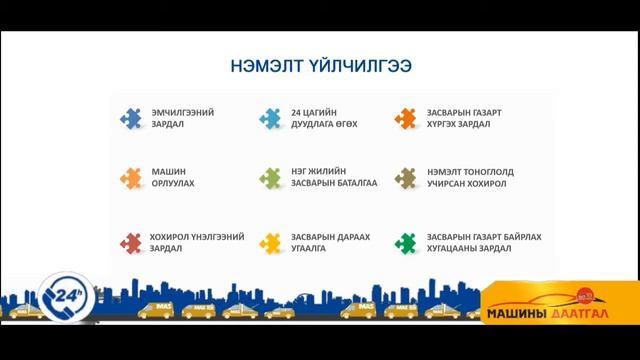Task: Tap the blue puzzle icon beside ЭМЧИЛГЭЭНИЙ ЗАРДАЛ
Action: pyautogui.click(x=130, y=118)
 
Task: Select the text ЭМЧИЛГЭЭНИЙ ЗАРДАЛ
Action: pyautogui.click(x=182, y=118)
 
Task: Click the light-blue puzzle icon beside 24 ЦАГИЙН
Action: pyautogui.click(x=270, y=118)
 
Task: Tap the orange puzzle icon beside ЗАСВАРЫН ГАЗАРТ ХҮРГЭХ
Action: pyautogui.click(x=405, y=118)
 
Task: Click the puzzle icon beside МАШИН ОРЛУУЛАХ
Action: pyautogui.click(x=130, y=178)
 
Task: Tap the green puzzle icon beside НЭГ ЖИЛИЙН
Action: pyautogui.click(x=270, y=178)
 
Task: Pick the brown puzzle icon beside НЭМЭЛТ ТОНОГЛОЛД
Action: pyautogui.click(x=405, y=178)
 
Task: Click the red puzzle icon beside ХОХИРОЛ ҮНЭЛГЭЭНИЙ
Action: pyautogui.click(x=130, y=243)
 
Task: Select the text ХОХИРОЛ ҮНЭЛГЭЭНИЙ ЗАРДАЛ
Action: pyautogui.click(x=196, y=243)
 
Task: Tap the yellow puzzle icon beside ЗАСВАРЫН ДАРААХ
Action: pyautogui.click(x=270, y=243)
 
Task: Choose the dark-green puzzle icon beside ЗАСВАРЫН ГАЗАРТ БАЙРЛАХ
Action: pyautogui.click(x=405, y=243)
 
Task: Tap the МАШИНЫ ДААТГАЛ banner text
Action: pyautogui.click(x=551, y=310)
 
